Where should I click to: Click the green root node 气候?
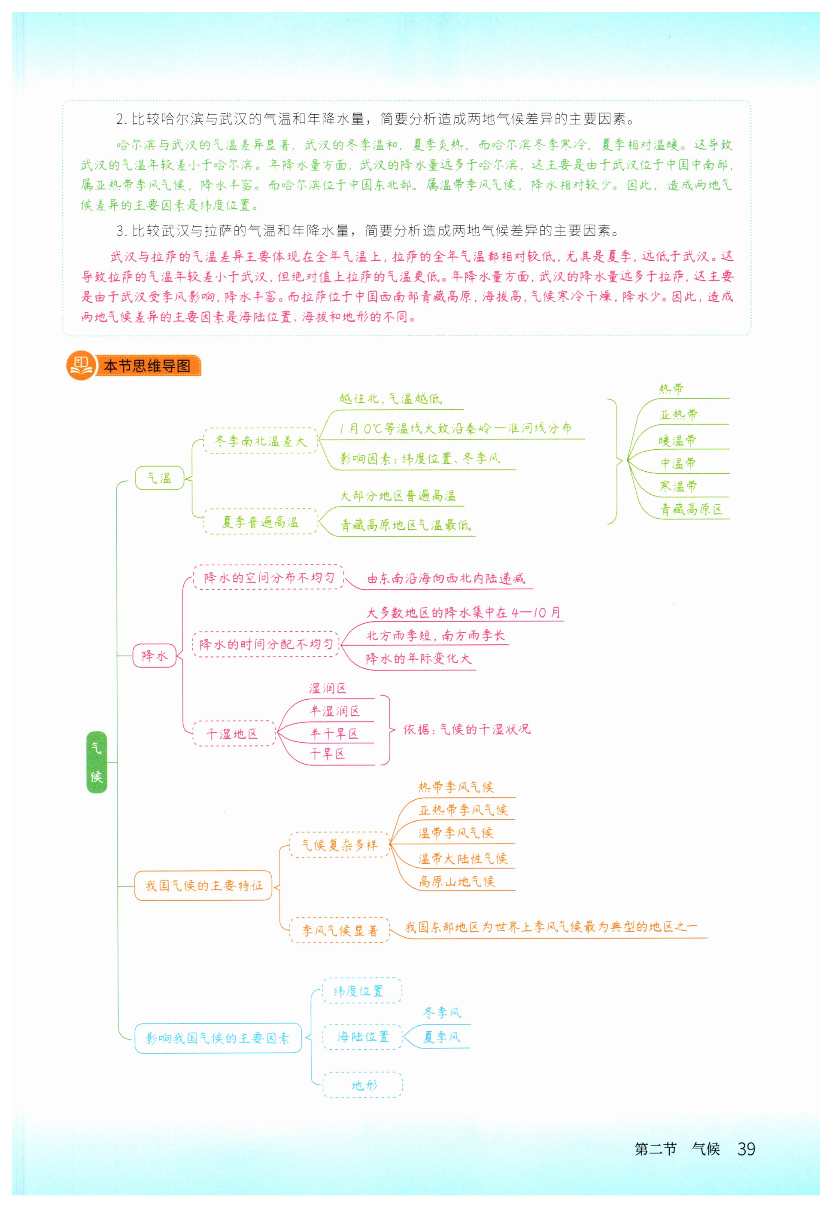[97, 762]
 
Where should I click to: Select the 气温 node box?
[160, 478]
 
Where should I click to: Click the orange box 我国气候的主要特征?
[203, 885]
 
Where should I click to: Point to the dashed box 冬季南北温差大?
[260, 441]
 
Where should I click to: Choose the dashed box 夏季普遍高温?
[260, 521]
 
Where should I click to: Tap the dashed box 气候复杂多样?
[339, 844]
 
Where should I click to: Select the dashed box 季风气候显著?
[339, 930]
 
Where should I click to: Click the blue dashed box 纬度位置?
[362, 991]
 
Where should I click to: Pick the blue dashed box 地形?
[362, 1085]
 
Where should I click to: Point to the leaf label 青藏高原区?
[691, 509]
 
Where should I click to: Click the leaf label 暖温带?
[677, 440]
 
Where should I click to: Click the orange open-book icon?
[81, 365]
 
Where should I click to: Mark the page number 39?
[746, 1148]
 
